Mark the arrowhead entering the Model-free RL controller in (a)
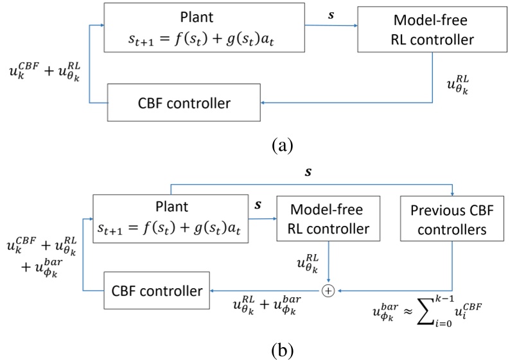tap(355, 26)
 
